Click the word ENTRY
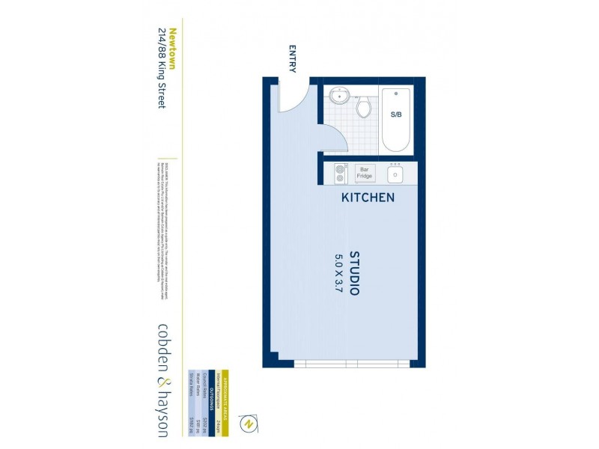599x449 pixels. (292, 60)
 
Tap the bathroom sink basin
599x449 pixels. (340, 96)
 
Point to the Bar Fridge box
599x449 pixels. (365, 173)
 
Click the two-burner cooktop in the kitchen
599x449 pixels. (340, 174)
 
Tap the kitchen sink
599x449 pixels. (395, 174)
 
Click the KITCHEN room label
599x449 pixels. (368, 198)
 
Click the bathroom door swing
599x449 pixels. (332, 139)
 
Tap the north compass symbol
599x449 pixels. (248, 424)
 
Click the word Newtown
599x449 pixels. (171, 49)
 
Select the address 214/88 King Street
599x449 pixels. (160, 68)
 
